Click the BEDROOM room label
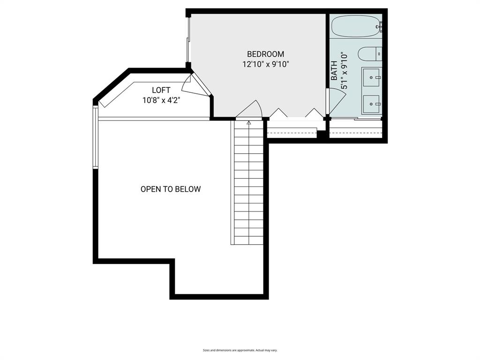265,54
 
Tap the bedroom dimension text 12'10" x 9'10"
265,64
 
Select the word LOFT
161,90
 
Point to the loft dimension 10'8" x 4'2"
161,100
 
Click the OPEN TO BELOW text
171,189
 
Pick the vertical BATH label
334,71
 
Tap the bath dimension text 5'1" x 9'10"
345,71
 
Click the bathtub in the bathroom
355,26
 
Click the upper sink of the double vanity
372,77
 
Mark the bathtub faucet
380,27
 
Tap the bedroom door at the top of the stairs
250,110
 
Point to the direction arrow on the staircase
248,123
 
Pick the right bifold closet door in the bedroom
314,113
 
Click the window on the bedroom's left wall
188,40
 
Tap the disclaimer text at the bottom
240,350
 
